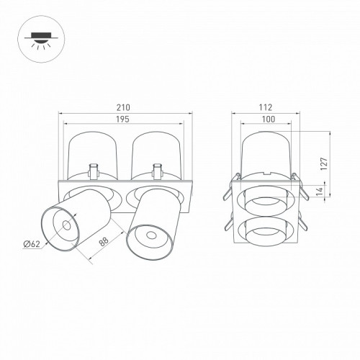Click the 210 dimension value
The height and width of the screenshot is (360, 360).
pos(123,107)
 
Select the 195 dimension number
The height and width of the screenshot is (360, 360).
pos(123,119)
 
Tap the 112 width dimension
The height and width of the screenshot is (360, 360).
pos(266,107)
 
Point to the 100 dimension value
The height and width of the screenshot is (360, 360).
pos(269,119)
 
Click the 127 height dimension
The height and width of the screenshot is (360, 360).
pos(324,164)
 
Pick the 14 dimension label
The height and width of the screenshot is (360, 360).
pos(319,192)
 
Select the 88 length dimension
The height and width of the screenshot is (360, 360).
pos(104,241)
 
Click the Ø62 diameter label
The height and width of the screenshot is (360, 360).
pos(32,244)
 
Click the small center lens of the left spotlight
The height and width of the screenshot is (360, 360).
pos(66,225)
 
